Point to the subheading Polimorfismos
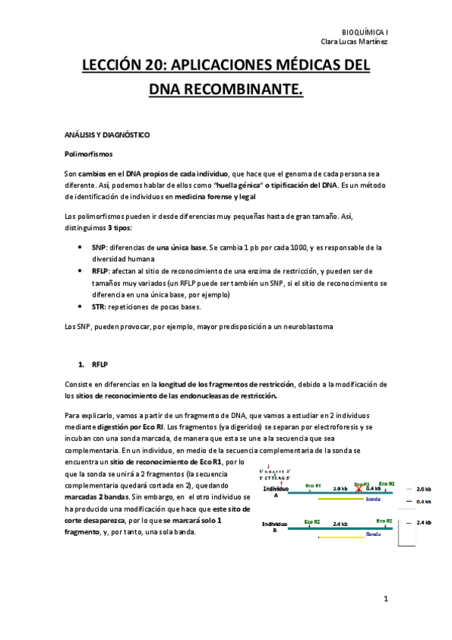pyautogui.click(x=88, y=154)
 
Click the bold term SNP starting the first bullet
pyautogui.click(x=97, y=247)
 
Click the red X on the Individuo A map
pyautogui.click(x=359, y=489)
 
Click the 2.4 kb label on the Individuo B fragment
pyautogui.click(x=339, y=523)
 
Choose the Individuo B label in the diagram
pyautogui.click(x=275, y=526)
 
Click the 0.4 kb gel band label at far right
pyautogui.click(x=423, y=501)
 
